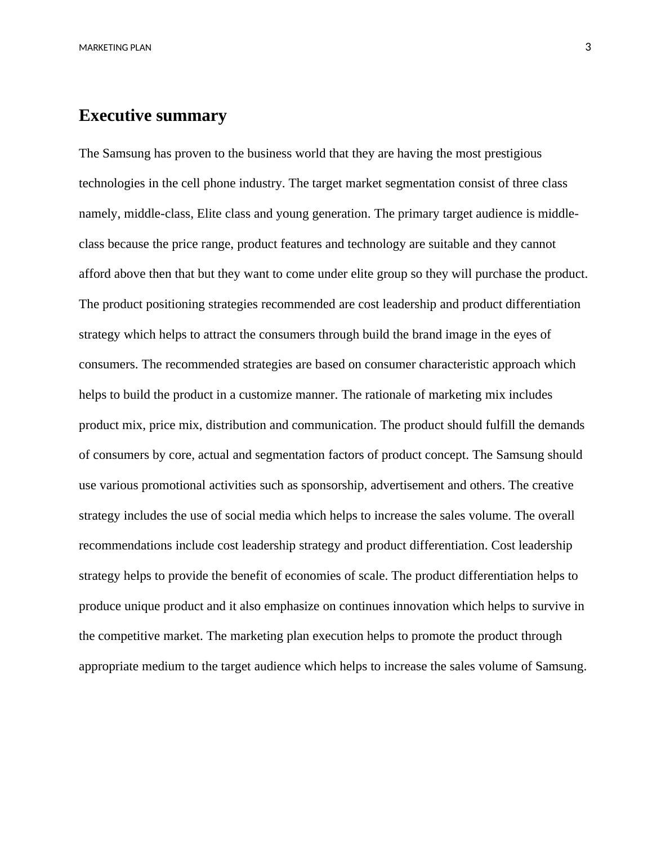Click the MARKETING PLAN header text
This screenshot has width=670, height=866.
point(115,48)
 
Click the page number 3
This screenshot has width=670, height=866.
point(588,47)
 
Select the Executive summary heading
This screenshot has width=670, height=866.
point(153,115)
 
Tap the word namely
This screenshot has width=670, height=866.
point(99,214)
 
